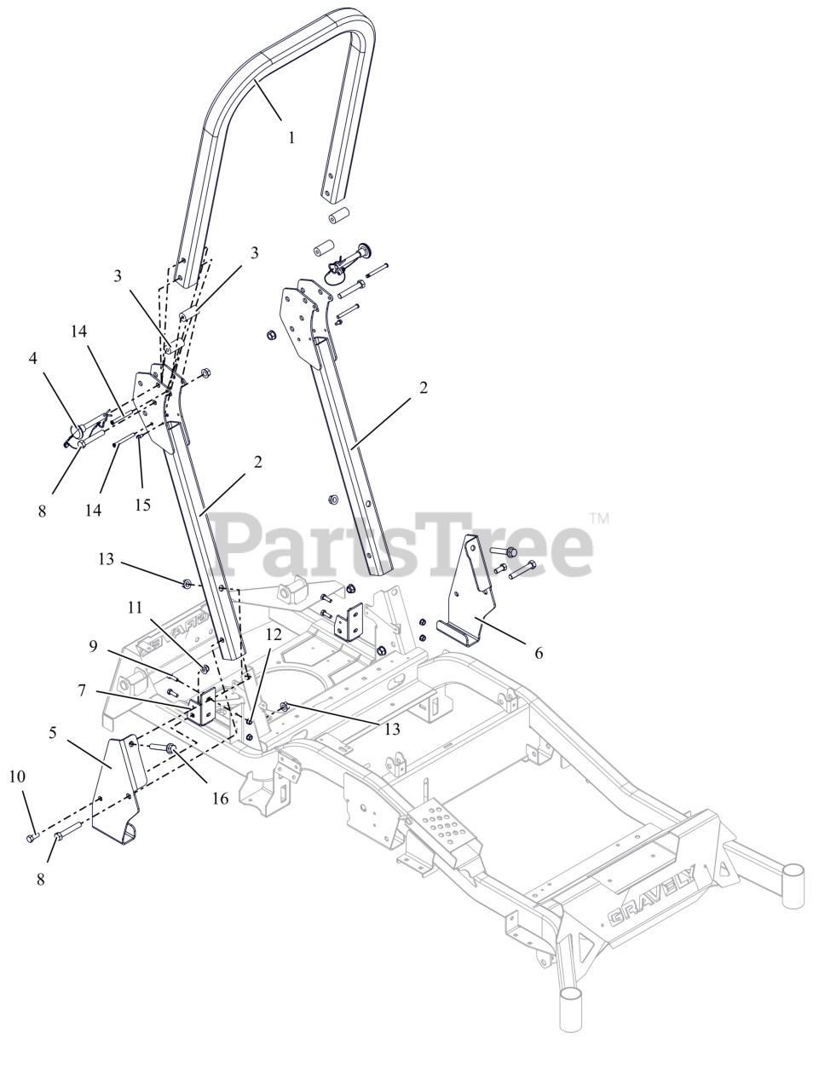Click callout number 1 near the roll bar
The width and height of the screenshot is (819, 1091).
[x=291, y=136]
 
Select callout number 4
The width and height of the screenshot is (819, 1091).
[x=33, y=359]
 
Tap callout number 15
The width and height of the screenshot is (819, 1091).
[x=142, y=505]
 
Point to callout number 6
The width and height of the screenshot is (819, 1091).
[x=538, y=654]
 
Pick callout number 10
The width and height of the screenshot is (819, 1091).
[x=17, y=776]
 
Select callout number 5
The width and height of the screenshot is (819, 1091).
[x=53, y=731]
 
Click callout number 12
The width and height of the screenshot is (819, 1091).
[x=273, y=634]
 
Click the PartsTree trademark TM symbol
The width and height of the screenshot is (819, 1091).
[x=599, y=517]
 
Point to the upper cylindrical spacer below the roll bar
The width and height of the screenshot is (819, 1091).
[x=341, y=213]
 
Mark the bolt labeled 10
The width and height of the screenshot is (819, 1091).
[x=32, y=839]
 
